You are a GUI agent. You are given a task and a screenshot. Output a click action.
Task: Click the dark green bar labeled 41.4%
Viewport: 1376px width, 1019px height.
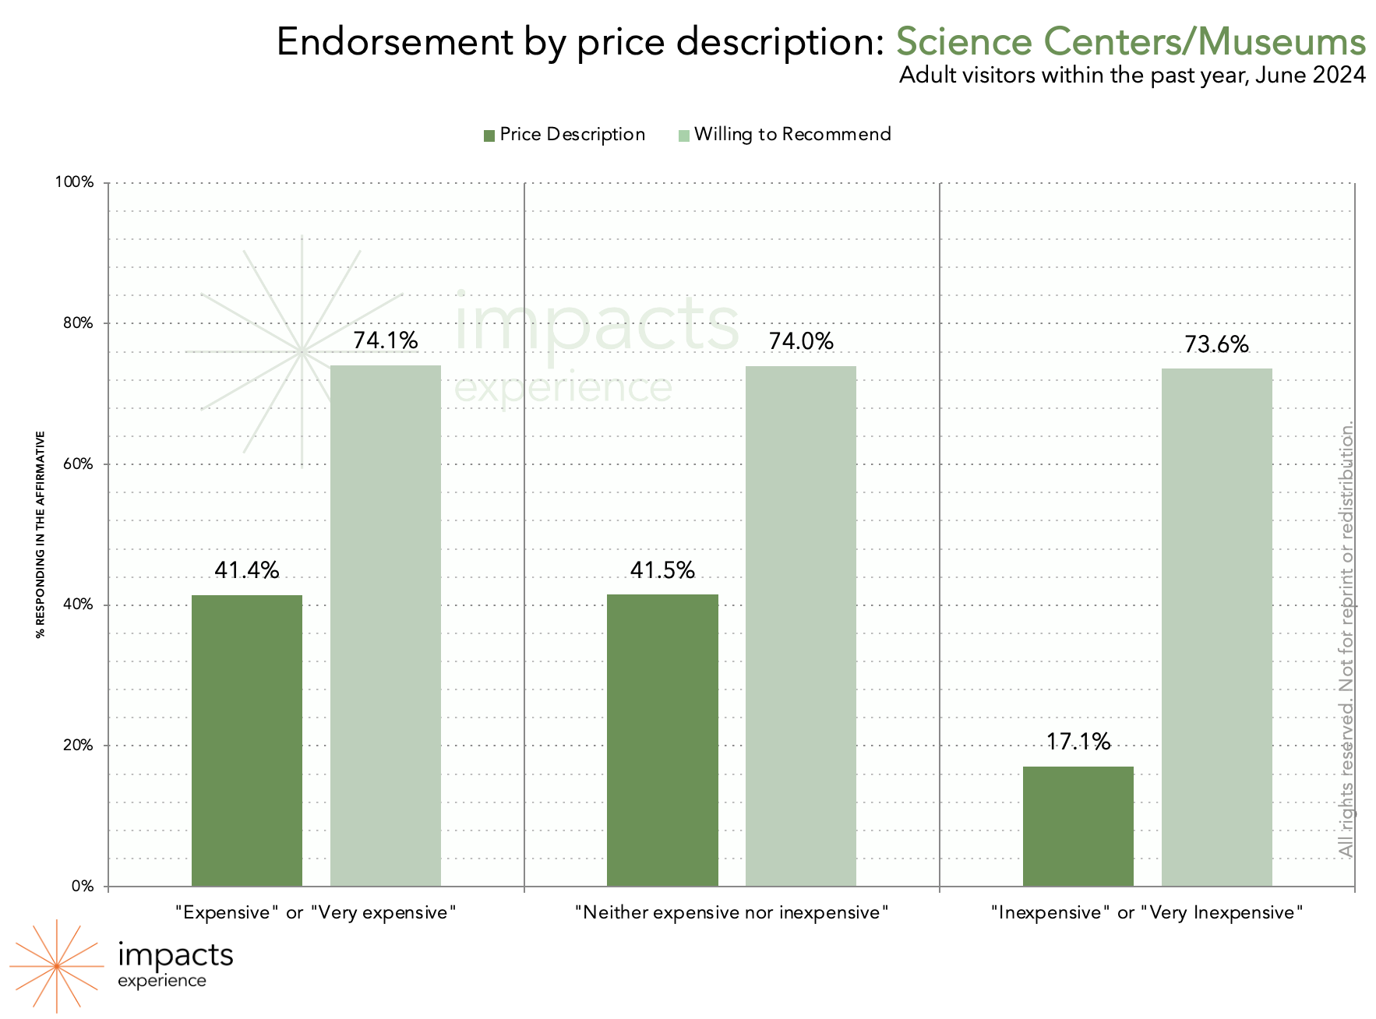[247, 740]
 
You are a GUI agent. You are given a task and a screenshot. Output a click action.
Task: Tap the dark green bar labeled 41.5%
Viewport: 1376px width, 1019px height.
[662, 740]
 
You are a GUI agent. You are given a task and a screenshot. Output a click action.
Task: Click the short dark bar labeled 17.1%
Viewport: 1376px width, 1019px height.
[1078, 826]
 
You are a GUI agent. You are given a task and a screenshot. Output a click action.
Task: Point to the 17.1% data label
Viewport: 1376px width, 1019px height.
[1078, 742]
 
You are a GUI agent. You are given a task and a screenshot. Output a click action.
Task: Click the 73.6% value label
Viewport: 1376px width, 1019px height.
[1216, 344]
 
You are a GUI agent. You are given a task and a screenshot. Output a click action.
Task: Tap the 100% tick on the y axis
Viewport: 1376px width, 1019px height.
[74, 182]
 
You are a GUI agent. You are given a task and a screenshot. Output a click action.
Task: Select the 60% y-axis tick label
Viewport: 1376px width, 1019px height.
[77, 464]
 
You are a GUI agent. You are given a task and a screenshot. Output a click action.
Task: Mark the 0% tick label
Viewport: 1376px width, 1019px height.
[83, 887]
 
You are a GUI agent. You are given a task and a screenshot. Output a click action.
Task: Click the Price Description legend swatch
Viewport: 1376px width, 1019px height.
[489, 136]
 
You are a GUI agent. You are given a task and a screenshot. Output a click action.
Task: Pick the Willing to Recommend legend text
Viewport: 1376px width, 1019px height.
[792, 135]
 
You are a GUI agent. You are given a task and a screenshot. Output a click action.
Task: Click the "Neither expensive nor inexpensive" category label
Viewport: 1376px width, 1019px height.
[731, 912]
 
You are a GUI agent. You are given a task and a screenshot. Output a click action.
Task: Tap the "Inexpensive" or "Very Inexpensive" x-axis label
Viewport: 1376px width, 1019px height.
[1146, 912]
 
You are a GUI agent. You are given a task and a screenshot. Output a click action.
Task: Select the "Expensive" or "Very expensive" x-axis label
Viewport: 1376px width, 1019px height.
[316, 912]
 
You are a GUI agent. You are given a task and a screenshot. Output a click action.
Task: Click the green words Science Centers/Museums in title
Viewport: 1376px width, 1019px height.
[1130, 42]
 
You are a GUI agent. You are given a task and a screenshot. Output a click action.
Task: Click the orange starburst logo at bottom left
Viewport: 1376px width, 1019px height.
[57, 966]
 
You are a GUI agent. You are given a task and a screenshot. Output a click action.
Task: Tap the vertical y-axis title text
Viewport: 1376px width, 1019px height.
[41, 534]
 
